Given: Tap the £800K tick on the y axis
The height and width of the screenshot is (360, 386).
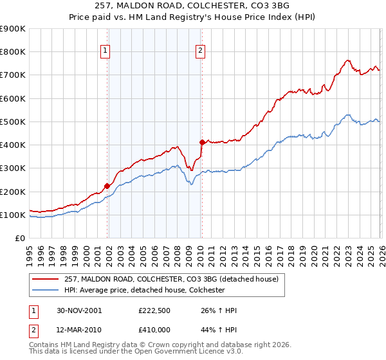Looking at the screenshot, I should tap(13, 52).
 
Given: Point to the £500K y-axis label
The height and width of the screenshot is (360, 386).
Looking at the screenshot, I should tap(13, 122).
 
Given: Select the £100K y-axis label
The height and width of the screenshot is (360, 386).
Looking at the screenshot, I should tap(13, 215).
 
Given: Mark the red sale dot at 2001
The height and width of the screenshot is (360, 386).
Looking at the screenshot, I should tap(107, 186).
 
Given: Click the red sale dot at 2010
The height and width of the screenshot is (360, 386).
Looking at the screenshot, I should tap(201, 143).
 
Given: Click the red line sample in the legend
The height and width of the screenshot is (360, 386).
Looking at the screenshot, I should tap(46, 279).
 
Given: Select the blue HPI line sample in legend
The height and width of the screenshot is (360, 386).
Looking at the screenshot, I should tap(46, 290).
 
